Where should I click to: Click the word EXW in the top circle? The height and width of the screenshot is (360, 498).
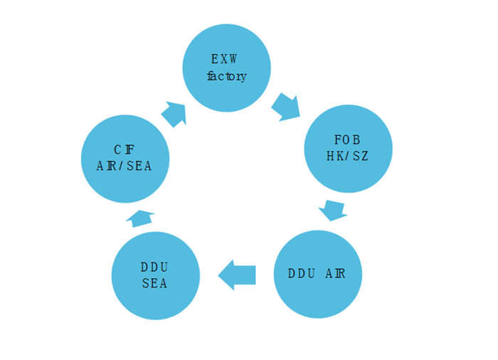[x=224, y=59]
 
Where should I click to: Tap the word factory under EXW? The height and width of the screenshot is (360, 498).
[x=227, y=76]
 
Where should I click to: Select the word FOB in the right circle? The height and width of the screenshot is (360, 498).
[x=347, y=140]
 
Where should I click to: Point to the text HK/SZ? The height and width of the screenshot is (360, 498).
[x=347, y=156]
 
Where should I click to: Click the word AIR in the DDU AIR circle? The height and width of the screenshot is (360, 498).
[x=335, y=274]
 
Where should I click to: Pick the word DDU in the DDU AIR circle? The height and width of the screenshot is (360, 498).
[x=302, y=274]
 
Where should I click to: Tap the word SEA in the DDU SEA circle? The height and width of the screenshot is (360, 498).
[x=154, y=283]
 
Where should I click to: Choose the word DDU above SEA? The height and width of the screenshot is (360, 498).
[x=154, y=268]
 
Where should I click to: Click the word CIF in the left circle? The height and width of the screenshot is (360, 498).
[x=124, y=149]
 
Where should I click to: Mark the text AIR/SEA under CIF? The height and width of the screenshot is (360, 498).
[x=124, y=166]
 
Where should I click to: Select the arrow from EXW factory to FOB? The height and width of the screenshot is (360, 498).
[x=285, y=107]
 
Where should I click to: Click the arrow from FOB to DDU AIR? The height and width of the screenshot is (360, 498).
[x=332, y=211]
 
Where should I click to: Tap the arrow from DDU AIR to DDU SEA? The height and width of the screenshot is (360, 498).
[x=237, y=275]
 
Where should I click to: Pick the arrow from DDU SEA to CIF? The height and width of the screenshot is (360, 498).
[x=140, y=218]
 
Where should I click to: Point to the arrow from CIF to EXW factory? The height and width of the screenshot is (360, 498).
[x=174, y=114]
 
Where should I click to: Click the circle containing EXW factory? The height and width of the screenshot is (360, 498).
[x=226, y=68]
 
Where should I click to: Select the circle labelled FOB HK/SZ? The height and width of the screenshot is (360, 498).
[x=349, y=149]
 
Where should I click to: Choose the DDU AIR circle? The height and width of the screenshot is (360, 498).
[x=318, y=274]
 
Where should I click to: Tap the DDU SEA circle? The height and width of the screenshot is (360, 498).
[x=156, y=276]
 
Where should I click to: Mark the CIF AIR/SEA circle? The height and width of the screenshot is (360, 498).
[x=125, y=159]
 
